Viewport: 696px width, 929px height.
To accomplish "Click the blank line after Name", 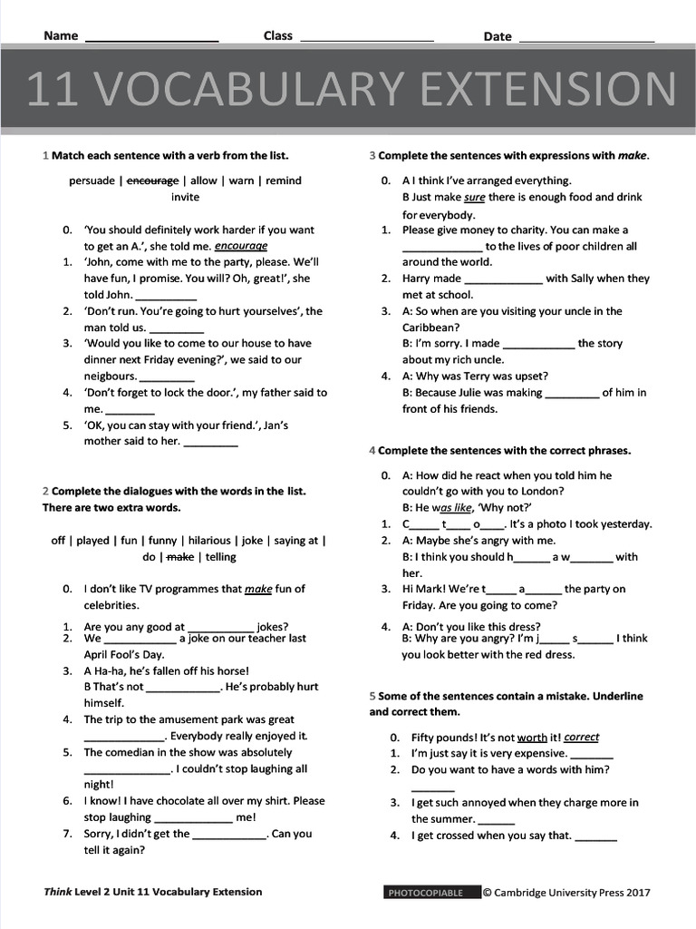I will [151, 37].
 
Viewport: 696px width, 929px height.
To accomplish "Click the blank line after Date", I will [586, 37].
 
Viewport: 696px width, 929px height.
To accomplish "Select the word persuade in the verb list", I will [92, 181].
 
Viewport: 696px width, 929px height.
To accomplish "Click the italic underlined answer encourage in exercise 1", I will [241, 246].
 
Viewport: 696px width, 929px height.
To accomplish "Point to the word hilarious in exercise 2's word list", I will [209, 541].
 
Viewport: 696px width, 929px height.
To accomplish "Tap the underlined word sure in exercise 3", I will [474, 197].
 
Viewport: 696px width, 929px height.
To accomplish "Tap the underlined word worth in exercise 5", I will [532, 738].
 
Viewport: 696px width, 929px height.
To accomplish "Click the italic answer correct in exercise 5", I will [581, 738].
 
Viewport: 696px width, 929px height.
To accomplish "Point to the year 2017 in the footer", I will [637, 893].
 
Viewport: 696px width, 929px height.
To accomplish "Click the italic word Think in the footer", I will [58, 892].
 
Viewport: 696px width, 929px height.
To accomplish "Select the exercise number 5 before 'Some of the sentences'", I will [372, 696].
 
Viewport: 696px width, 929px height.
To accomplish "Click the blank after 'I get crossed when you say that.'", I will [595, 837].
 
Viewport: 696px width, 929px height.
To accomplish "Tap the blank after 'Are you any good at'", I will [220, 628].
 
